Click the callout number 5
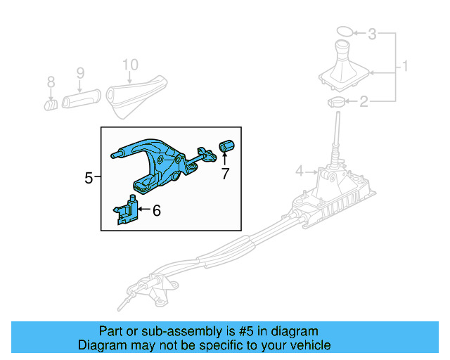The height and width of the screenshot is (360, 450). (x=89, y=178)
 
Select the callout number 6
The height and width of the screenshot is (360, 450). (x=156, y=209)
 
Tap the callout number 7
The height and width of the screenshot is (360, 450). (x=225, y=174)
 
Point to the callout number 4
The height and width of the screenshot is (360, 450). (x=300, y=171)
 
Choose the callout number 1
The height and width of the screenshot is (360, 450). (x=405, y=68)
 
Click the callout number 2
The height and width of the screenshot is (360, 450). (x=364, y=103)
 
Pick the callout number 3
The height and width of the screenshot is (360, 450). (x=373, y=33)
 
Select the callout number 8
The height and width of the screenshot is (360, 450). (x=51, y=83)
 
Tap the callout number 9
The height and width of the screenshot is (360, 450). (x=79, y=72)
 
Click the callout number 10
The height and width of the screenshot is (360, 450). (x=129, y=65)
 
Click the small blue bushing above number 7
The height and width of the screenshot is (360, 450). (x=226, y=146)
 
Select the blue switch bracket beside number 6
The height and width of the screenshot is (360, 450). (x=127, y=210)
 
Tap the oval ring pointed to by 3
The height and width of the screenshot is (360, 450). (x=344, y=31)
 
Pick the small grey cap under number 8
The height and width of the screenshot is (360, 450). (x=51, y=105)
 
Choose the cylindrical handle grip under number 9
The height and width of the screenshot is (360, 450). (x=83, y=98)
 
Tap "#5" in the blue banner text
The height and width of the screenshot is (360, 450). (x=230, y=331)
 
